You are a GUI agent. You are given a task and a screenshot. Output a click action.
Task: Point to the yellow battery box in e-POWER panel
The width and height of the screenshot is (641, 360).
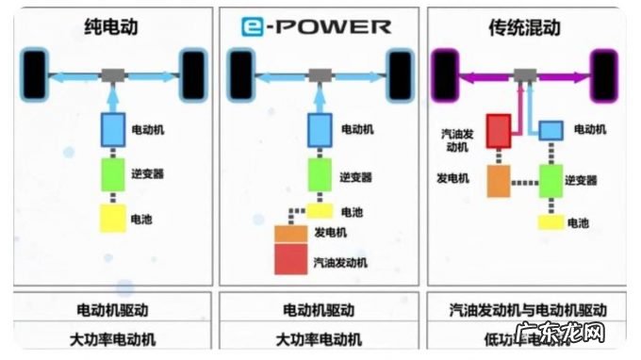coord(320,211)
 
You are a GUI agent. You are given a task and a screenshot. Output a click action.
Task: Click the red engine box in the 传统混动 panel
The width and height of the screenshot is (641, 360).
coord(498,130)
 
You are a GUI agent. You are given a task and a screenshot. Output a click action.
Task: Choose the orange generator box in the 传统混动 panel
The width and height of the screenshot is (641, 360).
coord(498,179)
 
